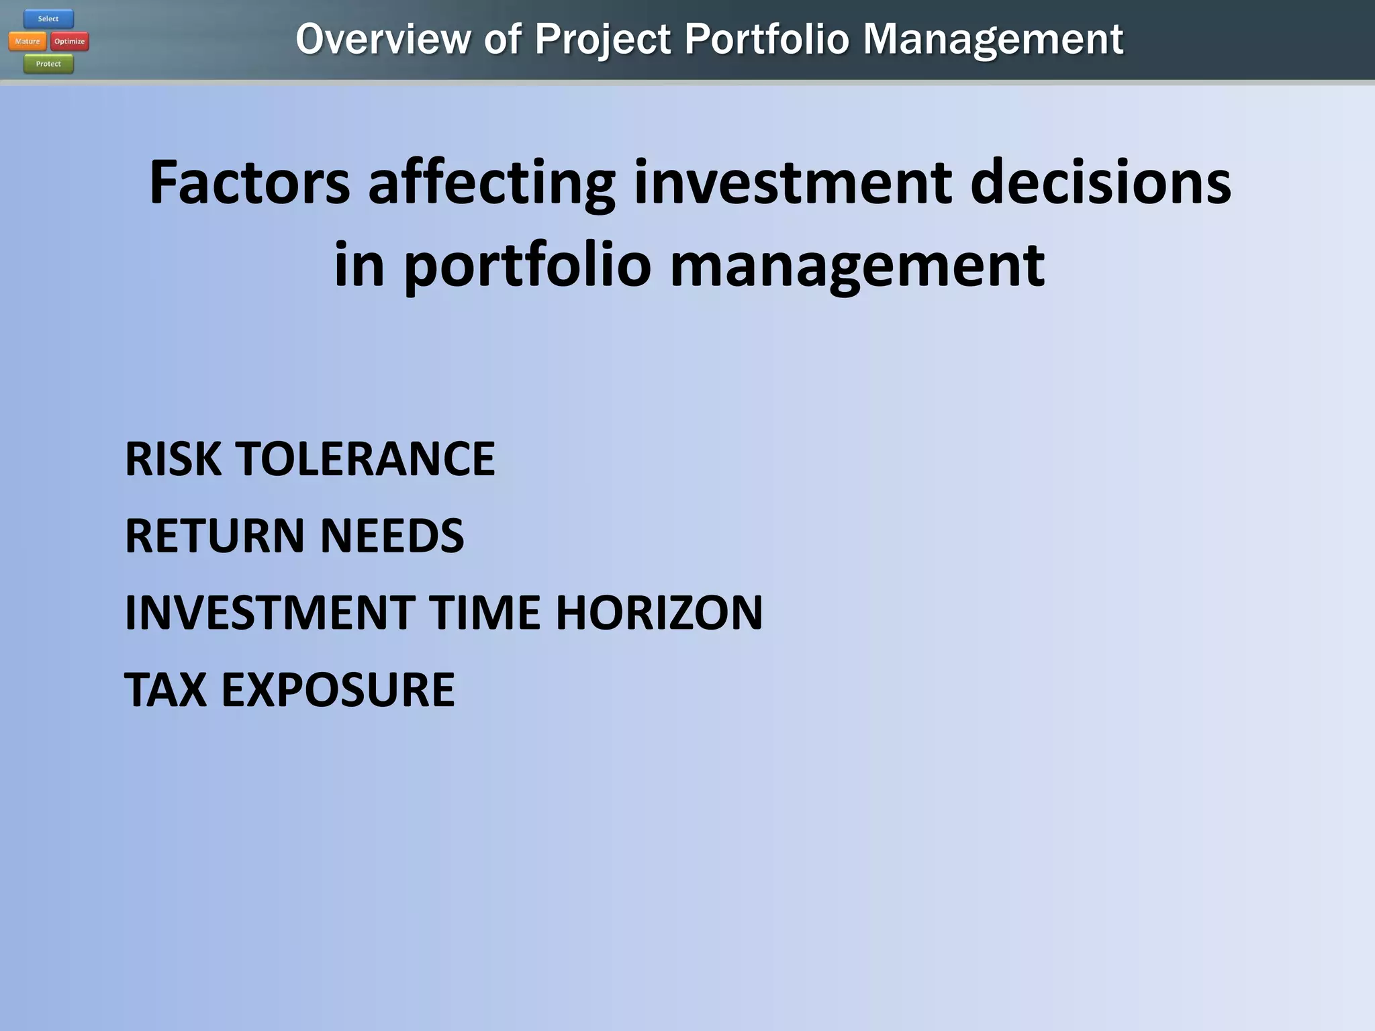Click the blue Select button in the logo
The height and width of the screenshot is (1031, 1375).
(x=48, y=19)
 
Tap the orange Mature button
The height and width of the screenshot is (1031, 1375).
(x=28, y=42)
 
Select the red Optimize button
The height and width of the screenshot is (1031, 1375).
(x=70, y=42)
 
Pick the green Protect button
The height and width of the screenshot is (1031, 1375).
(x=48, y=64)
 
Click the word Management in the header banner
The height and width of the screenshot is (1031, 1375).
(x=992, y=39)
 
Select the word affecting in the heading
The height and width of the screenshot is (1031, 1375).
(x=491, y=183)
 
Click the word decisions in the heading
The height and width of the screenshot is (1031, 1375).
(x=1100, y=183)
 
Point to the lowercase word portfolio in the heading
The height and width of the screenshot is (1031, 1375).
(x=527, y=265)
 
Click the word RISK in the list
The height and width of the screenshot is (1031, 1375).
(x=173, y=459)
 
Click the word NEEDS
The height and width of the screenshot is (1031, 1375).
(x=392, y=536)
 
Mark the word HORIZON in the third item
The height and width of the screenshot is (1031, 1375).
(x=659, y=613)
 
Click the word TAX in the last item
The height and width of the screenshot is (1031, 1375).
(x=165, y=690)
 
